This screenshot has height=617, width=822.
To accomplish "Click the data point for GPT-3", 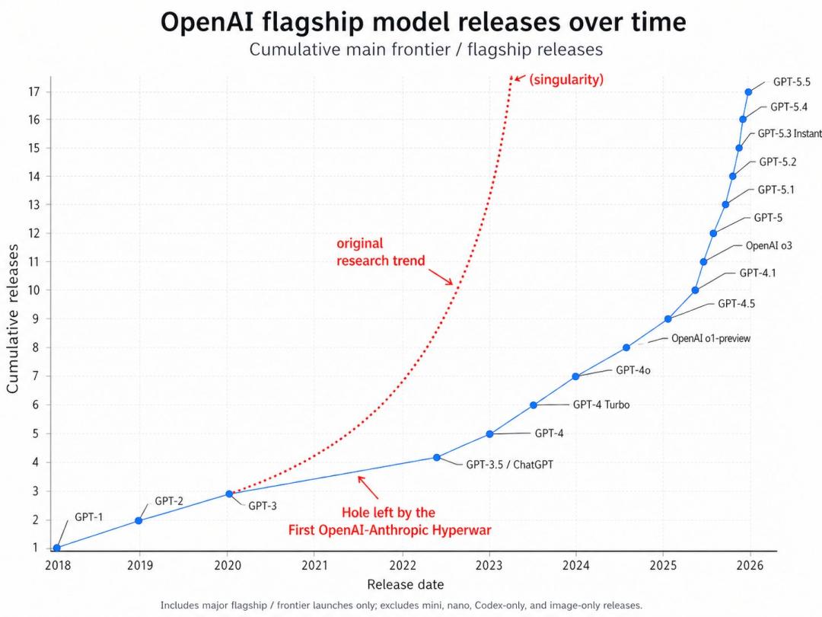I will coord(229,494).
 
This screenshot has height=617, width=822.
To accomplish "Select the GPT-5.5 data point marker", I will coord(748,91).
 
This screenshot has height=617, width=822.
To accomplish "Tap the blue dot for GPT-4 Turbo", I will coord(534,405).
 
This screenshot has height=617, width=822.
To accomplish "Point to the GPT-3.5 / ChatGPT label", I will coord(509,464).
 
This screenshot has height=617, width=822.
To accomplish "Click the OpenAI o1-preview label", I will coord(710,338).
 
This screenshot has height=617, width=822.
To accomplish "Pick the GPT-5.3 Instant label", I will coord(789,133).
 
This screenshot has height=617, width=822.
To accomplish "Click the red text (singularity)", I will coord(566,79).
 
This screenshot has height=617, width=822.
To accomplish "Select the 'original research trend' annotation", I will coord(381,252).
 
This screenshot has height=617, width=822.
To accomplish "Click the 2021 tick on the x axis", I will coord(315,565).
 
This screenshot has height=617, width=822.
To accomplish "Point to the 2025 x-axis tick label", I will coord(663,565).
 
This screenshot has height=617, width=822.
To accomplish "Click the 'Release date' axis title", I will coord(405,585).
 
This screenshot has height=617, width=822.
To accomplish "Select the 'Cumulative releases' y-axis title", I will coord(13,318).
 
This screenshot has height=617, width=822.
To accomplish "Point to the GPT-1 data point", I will coord(56,548).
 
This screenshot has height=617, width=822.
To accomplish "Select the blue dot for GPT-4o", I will coord(575,376).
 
